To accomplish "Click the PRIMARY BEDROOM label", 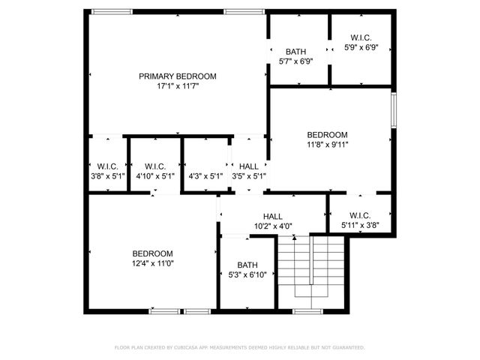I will click(x=178, y=76).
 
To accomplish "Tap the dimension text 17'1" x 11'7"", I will click(x=178, y=86).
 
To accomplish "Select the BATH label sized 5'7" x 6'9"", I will click(x=295, y=52).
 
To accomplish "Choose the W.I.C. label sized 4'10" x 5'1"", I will click(x=155, y=166).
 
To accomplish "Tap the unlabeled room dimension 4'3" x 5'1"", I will click(x=205, y=176).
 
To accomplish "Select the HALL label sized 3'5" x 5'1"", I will click(x=249, y=166).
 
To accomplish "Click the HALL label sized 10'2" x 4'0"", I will click(x=273, y=216).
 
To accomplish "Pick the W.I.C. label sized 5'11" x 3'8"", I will click(x=360, y=216).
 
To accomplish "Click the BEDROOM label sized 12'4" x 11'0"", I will click(x=153, y=253).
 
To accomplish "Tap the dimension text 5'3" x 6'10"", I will click(x=247, y=275).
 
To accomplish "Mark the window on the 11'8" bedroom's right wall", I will click(x=392, y=109).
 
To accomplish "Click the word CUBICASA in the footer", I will click(x=191, y=347).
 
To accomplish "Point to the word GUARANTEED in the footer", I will click(x=348, y=347).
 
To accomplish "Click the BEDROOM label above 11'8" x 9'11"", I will click(x=327, y=135).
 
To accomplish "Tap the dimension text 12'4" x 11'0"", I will click(x=153, y=264).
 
